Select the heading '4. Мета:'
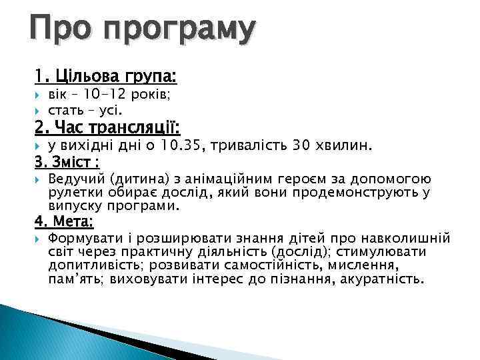pyautogui.click(x=65, y=221)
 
